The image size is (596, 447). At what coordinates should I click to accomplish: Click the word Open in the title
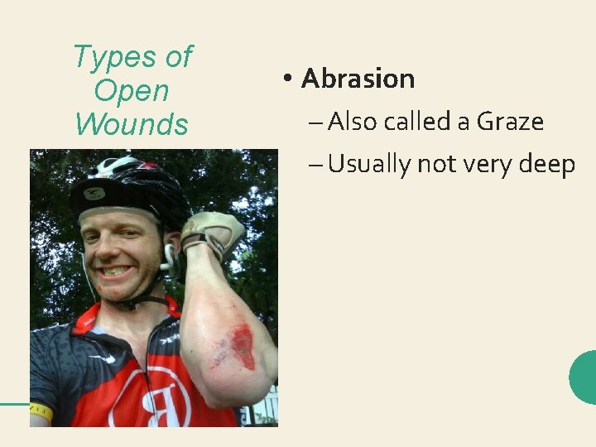click(132, 90)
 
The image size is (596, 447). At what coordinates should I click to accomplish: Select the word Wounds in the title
click(132, 124)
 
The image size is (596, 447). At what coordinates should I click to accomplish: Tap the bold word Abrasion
click(358, 79)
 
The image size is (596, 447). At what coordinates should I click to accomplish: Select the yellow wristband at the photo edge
click(40, 411)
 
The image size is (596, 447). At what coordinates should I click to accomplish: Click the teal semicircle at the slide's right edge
click(584, 377)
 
